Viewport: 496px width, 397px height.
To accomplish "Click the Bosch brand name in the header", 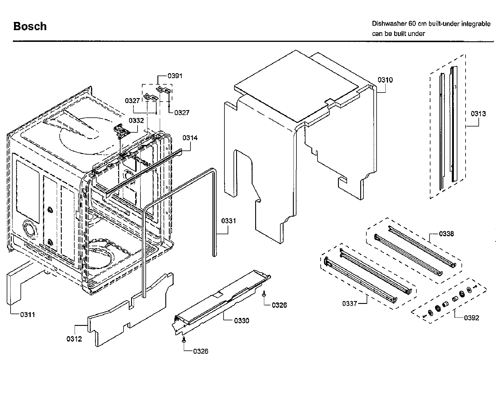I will (30, 26).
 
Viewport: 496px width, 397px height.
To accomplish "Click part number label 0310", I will (385, 80).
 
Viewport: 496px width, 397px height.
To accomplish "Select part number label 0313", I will (478, 114).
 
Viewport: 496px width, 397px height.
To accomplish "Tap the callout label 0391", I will (175, 76).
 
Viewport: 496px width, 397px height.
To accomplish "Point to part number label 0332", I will (136, 121).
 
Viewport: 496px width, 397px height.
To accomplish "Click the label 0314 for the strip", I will (190, 138).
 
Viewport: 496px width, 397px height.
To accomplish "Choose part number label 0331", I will (229, 221).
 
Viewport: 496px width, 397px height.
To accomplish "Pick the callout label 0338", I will (446, 234).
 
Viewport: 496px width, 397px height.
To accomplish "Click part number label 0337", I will (350, 304).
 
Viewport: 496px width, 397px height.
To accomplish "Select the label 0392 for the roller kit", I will (471, 318).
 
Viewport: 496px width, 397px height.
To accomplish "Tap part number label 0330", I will (241, 321).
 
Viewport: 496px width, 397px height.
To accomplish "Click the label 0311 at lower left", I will (28, 314).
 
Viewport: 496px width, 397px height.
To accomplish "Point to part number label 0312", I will (74, 339).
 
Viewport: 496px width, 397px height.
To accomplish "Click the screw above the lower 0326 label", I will (183, 339).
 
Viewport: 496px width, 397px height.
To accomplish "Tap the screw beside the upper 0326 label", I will (264, 294).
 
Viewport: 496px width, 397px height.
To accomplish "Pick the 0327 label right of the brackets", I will (182, 113).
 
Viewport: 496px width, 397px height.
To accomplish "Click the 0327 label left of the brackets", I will (132, 101).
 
